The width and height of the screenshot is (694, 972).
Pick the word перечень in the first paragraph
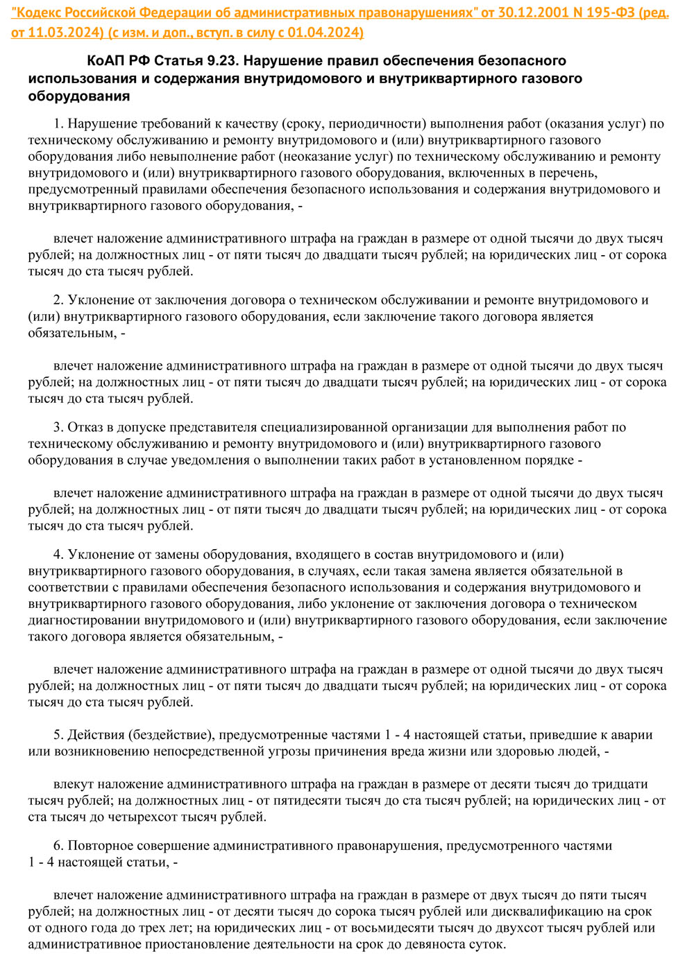567,173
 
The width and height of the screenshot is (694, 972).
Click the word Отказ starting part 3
85,427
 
